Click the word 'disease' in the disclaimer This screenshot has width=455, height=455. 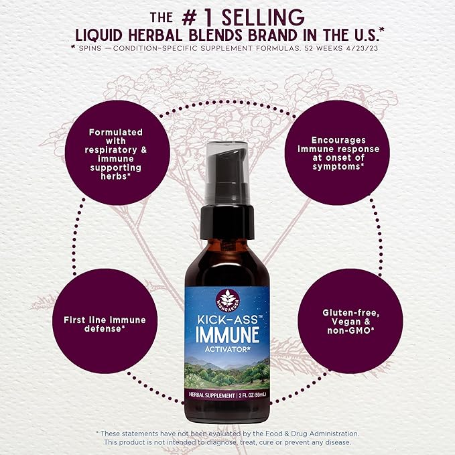(336, 442)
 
